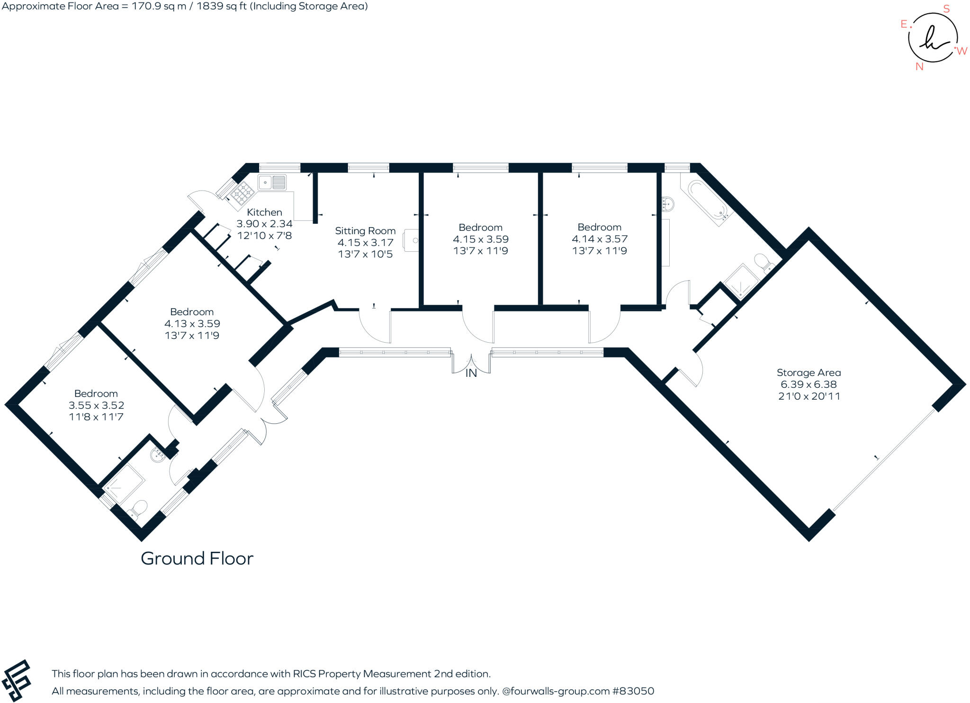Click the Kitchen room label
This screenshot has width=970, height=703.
264,212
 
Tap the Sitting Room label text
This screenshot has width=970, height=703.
365,231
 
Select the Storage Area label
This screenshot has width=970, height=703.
808,373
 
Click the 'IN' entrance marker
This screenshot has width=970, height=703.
471,374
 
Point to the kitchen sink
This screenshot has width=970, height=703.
272,183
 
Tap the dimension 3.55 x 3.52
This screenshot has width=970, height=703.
96,405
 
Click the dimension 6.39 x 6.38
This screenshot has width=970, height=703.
808,384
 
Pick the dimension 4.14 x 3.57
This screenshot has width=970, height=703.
599,239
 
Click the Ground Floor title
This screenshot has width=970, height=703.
197,558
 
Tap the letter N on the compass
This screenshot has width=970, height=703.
919,67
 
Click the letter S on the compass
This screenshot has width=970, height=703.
946,9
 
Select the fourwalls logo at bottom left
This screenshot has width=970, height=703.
17,681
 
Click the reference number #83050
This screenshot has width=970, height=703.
633,691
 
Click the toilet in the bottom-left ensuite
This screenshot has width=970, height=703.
137,510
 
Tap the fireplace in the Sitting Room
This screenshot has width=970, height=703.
411,240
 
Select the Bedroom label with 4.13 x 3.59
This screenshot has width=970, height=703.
192,312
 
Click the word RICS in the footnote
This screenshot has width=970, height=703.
305,674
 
